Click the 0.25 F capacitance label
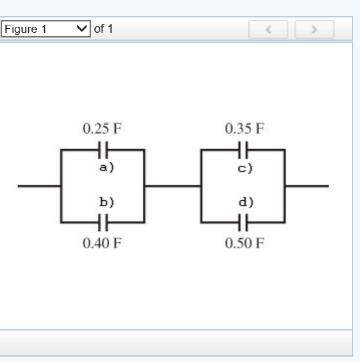(102, 128)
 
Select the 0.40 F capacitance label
(102, 242)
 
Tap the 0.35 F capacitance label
(244, 128)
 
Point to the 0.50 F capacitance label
(244, 242)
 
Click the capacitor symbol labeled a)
(102, 149)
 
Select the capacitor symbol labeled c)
(244, 149)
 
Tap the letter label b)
(102, 203)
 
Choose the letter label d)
(244, 203)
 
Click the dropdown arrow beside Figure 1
(82, 29)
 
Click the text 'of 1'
(103, 29)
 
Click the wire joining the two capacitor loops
(173, 186)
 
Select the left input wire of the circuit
(39, 186)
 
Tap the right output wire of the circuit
(306, 186)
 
